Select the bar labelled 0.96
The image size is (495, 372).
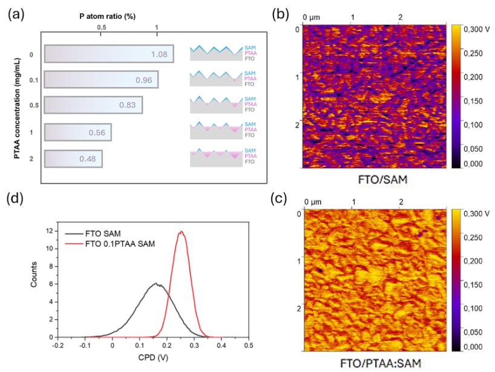(x=101, y=79)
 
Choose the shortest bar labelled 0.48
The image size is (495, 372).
(x=73, y=160)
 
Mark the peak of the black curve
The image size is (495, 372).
(x=156, y=284)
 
